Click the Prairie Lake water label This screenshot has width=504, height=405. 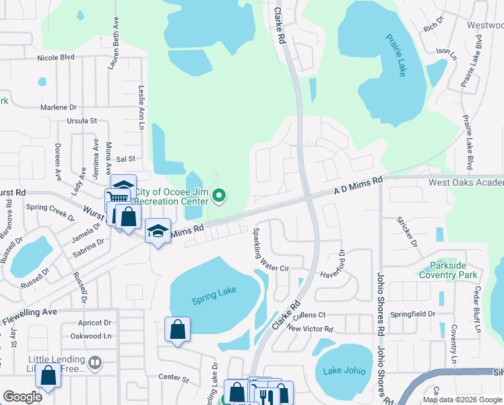pyautogui.click(x=396, y=55)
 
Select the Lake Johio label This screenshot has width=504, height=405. pyautogui.click(x=343, y=370)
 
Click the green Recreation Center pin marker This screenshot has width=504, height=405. pyautogui.click(x=218, y=196)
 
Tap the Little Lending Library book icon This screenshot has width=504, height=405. pyautogui.click(x=95, y=363)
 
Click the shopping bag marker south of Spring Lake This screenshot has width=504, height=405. pyautogui.click(x=177, y=330)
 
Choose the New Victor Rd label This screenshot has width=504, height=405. pyautogui.click(x=310, y=329)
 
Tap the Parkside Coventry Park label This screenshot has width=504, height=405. pyautogui.click(x=448, y=270)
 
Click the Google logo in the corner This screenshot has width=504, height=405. pyautogui.click(x=23, y=397)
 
